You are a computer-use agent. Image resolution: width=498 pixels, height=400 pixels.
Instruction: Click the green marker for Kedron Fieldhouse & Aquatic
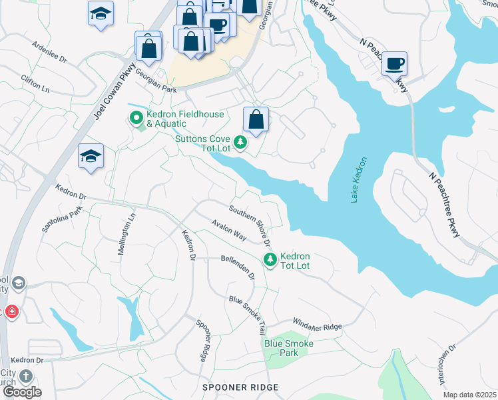(136, 119)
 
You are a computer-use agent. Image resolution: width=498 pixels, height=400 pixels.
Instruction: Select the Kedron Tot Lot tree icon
(270, 259)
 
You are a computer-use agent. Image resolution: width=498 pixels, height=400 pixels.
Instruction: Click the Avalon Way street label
(229, 231)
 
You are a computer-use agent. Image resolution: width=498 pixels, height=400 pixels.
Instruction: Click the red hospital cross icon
(11, 311)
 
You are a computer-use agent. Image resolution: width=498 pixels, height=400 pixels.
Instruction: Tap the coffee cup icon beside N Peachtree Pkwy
(395, 63)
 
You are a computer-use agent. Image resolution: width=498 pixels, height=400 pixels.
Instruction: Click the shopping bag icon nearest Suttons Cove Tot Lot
(256, 120)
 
